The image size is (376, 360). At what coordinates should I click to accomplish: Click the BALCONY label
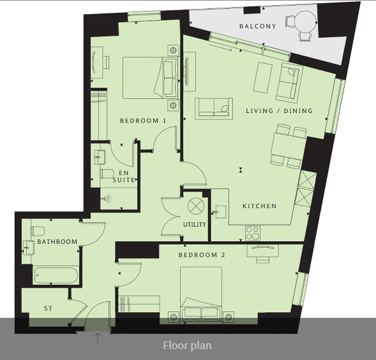click(x=257, y=26)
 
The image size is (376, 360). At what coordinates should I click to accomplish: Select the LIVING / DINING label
click(x=279, y=111)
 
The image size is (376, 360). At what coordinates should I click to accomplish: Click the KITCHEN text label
click(x=259, y=206)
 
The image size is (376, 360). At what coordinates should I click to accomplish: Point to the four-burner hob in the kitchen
click(x=253, y=233)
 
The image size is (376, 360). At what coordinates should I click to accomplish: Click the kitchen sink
click(x=220, y=212)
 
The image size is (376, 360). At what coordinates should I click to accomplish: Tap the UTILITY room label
click(x=195, y=225)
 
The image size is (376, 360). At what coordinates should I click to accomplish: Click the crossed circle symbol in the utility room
click(x=196, y=206)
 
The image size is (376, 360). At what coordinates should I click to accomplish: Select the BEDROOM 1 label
click(x=143, y=121)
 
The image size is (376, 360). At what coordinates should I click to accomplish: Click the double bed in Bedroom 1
click(x=151, y=78)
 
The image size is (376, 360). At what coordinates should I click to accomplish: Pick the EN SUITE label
click(x=124, y=176)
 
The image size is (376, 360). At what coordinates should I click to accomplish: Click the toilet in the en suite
click(x=107, y=174)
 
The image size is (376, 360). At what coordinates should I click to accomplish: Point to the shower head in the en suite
click(x=107, y=199)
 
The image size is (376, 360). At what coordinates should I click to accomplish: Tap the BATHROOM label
click(x=57, y=241)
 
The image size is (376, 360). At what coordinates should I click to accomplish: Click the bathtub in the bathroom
click(x=56, y=275)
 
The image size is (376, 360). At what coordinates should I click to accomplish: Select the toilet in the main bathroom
click(x=38, y=231)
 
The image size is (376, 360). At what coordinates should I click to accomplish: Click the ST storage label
click(x=48, y=308)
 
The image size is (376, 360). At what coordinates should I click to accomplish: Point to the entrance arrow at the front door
click(x=98, y=338)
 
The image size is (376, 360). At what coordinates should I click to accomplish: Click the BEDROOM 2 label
click(x=202, y=255)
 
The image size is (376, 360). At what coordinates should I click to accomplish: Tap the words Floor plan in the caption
click(x=187, y=345)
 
